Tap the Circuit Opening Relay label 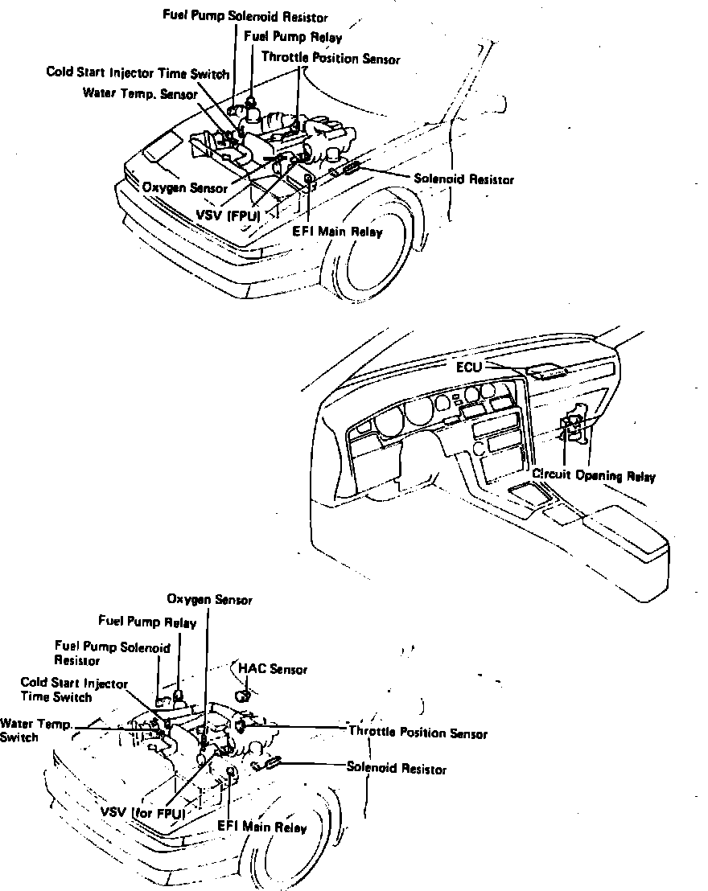(x=594, y=476)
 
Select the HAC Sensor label (x=273, y=669)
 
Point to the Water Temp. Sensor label (x=134, y=93)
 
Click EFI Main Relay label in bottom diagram (x=261, y=827)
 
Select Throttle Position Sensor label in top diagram (x=330, y=59)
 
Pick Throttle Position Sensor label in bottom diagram (x=417, y=733)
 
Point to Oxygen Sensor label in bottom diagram (x=209, y=600)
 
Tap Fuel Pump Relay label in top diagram (x=292, y=37)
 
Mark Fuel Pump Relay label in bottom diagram (x=141, y=621)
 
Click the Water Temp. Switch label (x=36, y=730)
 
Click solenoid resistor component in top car (x=351, y=168)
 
